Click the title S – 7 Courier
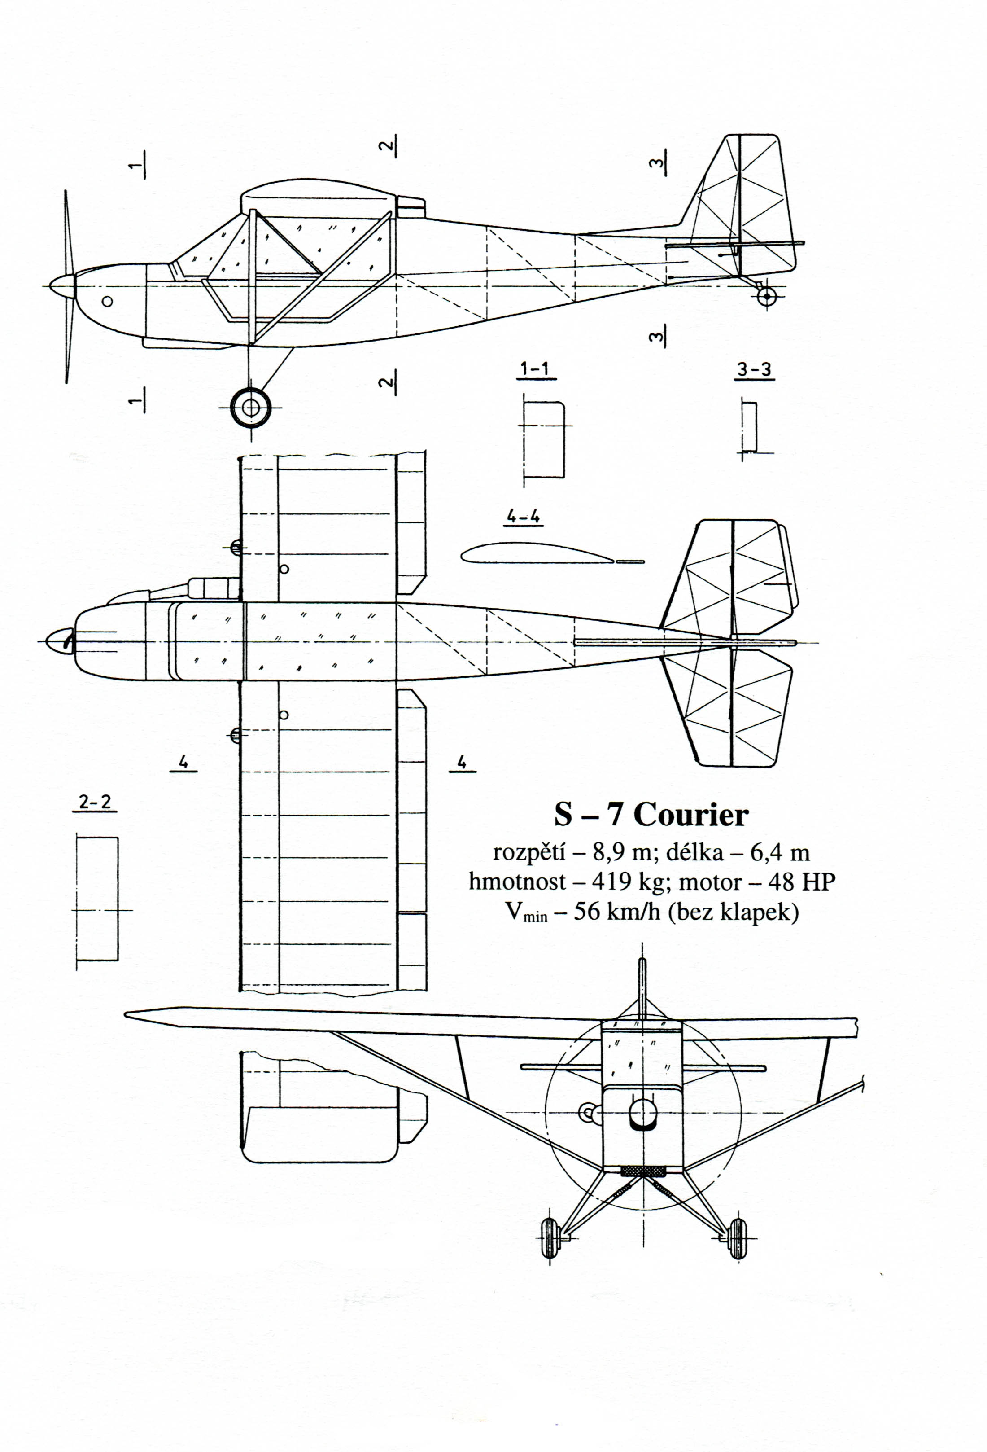(x=651, y=815)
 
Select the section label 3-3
(x=754, y=370)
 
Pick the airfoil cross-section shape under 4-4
(x=537, y=553)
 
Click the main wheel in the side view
(x=251, y=408)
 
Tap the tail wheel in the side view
(x=766, y=297)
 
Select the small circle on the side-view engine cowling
(x=107, y=301)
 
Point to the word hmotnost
(x=517, y=882)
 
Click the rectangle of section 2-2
(x=97, y=899)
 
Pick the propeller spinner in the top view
(x=61, y=642)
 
